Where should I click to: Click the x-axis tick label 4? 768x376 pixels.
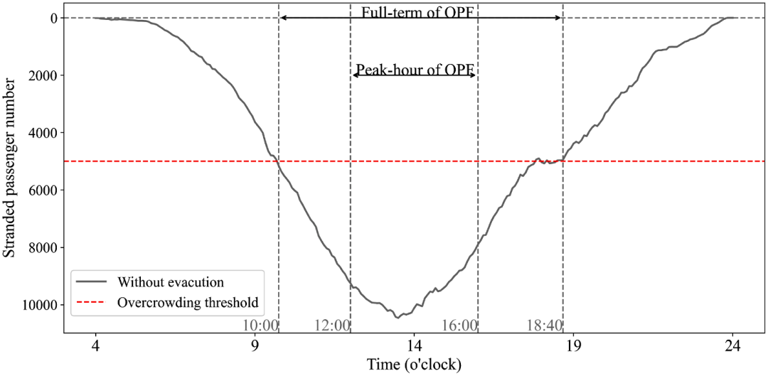(96, 346)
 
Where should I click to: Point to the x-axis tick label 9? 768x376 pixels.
(255, 346)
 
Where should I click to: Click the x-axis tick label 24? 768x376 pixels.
(732, 346)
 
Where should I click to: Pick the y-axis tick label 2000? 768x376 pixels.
(43, 75)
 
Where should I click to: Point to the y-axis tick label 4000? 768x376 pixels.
(43, 133)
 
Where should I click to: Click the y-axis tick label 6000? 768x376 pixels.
(43, 190)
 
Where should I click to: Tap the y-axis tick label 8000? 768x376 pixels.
(43, 248)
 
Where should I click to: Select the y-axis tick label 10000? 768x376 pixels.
(40, 305)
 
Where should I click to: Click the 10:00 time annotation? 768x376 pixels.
(260, 325)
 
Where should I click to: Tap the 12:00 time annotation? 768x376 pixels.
(332, 325)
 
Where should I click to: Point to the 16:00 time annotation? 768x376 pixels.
(459, 325)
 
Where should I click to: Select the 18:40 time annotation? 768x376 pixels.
(544, 325)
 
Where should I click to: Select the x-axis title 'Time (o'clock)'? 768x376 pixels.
(414, 365)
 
